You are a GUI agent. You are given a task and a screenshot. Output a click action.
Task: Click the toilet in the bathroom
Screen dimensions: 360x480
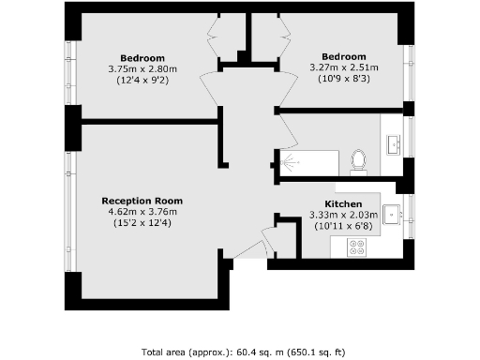[357, 161]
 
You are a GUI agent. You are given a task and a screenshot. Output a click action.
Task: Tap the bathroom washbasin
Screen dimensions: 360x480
[392, 143]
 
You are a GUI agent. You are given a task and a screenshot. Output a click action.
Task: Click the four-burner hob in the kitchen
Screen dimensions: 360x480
[357, 247]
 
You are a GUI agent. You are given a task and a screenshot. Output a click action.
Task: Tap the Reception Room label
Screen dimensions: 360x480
[142, 201]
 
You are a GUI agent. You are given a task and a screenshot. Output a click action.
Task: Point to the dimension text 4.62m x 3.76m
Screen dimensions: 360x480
[142, 212]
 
